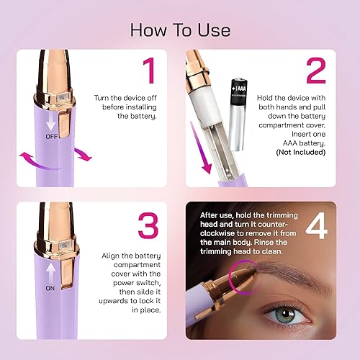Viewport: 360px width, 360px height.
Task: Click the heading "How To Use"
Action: [179, 30]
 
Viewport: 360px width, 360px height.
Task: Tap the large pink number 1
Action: [148, 71]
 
